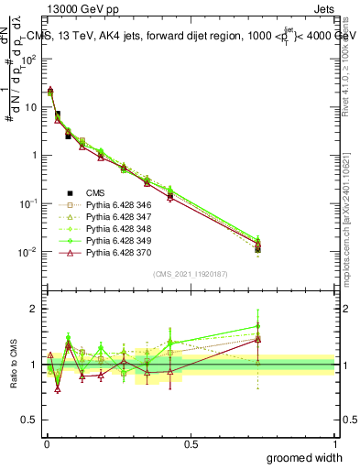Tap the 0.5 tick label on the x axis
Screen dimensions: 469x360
(x=191, y=443)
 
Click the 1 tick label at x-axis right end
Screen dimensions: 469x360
(x=335, y=443)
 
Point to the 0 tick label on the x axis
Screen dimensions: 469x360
(x=46, y=443)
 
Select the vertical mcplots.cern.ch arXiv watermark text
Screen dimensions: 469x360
(x=352, y=202)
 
